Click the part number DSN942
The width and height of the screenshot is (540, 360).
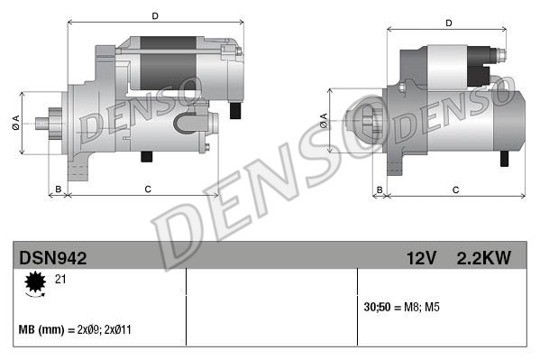click(52, 258)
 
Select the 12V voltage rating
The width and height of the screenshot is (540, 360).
click(420, 258)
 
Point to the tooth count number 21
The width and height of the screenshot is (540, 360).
click(60, 281)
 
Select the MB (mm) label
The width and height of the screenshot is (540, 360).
click(38, 331)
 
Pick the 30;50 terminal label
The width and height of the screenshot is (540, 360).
click(376, 308)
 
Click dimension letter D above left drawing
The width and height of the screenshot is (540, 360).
click(155, 16)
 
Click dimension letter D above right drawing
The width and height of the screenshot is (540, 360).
click(448, 23)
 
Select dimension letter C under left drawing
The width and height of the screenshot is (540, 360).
click(146, 189)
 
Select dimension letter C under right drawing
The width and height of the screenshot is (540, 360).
click(455, 189)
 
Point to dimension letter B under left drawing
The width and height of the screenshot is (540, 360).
click(59, 189)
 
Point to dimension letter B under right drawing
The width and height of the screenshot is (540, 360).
click(380, 189)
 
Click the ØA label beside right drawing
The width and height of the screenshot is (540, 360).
click(324, 117)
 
